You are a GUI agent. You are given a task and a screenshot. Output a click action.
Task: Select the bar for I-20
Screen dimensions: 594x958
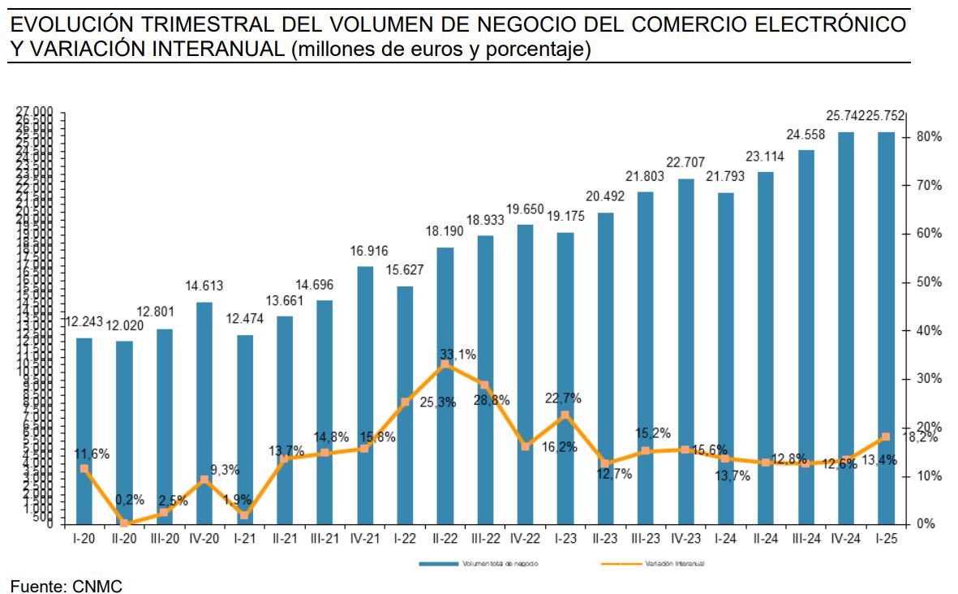(x=84, y=430)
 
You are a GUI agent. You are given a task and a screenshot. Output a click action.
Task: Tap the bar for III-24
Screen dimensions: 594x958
(x=806, y=336)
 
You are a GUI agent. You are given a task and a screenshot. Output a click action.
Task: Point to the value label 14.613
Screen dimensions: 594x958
(x=204, y=286)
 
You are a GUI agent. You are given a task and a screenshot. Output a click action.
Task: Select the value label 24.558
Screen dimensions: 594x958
(x=806, y=135)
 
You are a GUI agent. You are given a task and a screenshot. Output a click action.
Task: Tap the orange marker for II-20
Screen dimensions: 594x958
(x=124, y=523)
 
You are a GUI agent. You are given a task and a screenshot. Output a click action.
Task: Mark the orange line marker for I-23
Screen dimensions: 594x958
(x=565, y=415)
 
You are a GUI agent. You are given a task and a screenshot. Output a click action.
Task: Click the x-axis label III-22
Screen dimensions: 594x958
(x=485, y=538)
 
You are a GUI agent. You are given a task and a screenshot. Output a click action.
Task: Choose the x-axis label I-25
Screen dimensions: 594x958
(x=886, y=538)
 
